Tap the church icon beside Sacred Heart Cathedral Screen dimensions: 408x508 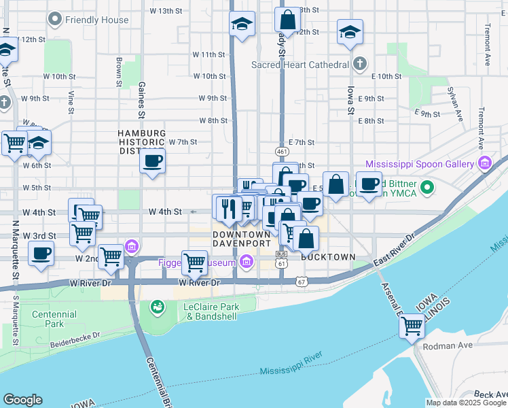pos(361,65)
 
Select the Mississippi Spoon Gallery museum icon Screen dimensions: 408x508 pos(484,163)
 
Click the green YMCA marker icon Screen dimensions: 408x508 pos(427,186)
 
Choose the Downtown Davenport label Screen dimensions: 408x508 pos(242,238)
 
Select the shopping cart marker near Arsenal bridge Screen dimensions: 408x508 pos(412,326)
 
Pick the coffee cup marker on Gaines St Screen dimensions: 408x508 pos(153,162)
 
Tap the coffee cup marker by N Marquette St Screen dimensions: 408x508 pos(41,254)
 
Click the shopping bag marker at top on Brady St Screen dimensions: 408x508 pos(288,20)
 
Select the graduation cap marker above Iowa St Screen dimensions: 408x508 pos(350,31)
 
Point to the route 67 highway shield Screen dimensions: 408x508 pos(302,281)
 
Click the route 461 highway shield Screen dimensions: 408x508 pos(282,150)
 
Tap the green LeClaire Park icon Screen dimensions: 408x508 pos(158,308)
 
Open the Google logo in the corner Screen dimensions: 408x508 pos(23,400)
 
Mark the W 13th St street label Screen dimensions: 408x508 pos(167,11)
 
